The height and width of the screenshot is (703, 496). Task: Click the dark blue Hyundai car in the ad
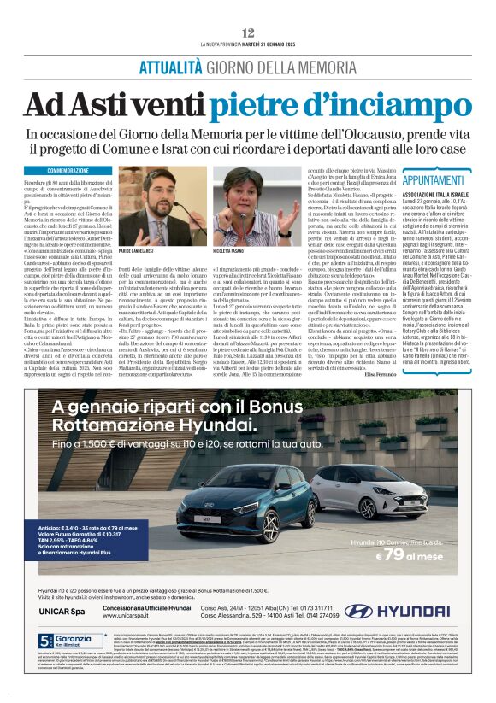233,496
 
